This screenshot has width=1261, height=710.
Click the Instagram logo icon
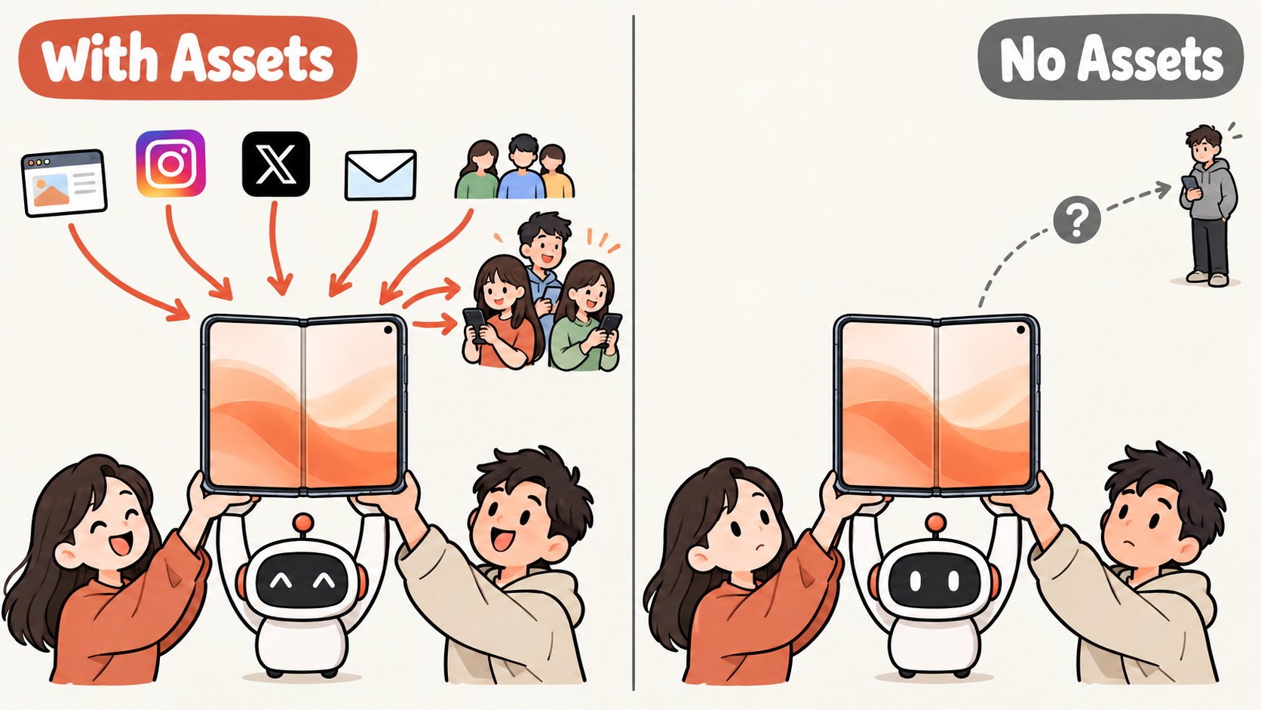170,163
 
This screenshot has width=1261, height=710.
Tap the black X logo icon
276,164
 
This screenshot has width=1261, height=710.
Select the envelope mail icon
381,175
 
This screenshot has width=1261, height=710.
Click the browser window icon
64,183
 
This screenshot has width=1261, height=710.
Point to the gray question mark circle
1076,219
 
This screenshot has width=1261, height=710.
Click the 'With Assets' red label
188,57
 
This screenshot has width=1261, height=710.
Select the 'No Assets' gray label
1111,57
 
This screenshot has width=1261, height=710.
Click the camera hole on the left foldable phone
389,330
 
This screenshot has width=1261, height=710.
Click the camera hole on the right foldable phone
1021,330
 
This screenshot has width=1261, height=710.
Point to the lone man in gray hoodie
1209,205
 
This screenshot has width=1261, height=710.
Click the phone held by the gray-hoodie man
1189,183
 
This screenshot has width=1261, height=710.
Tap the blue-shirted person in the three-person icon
522,167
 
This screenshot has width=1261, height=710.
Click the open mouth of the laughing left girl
121,544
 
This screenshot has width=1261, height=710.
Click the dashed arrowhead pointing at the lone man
1162,189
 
